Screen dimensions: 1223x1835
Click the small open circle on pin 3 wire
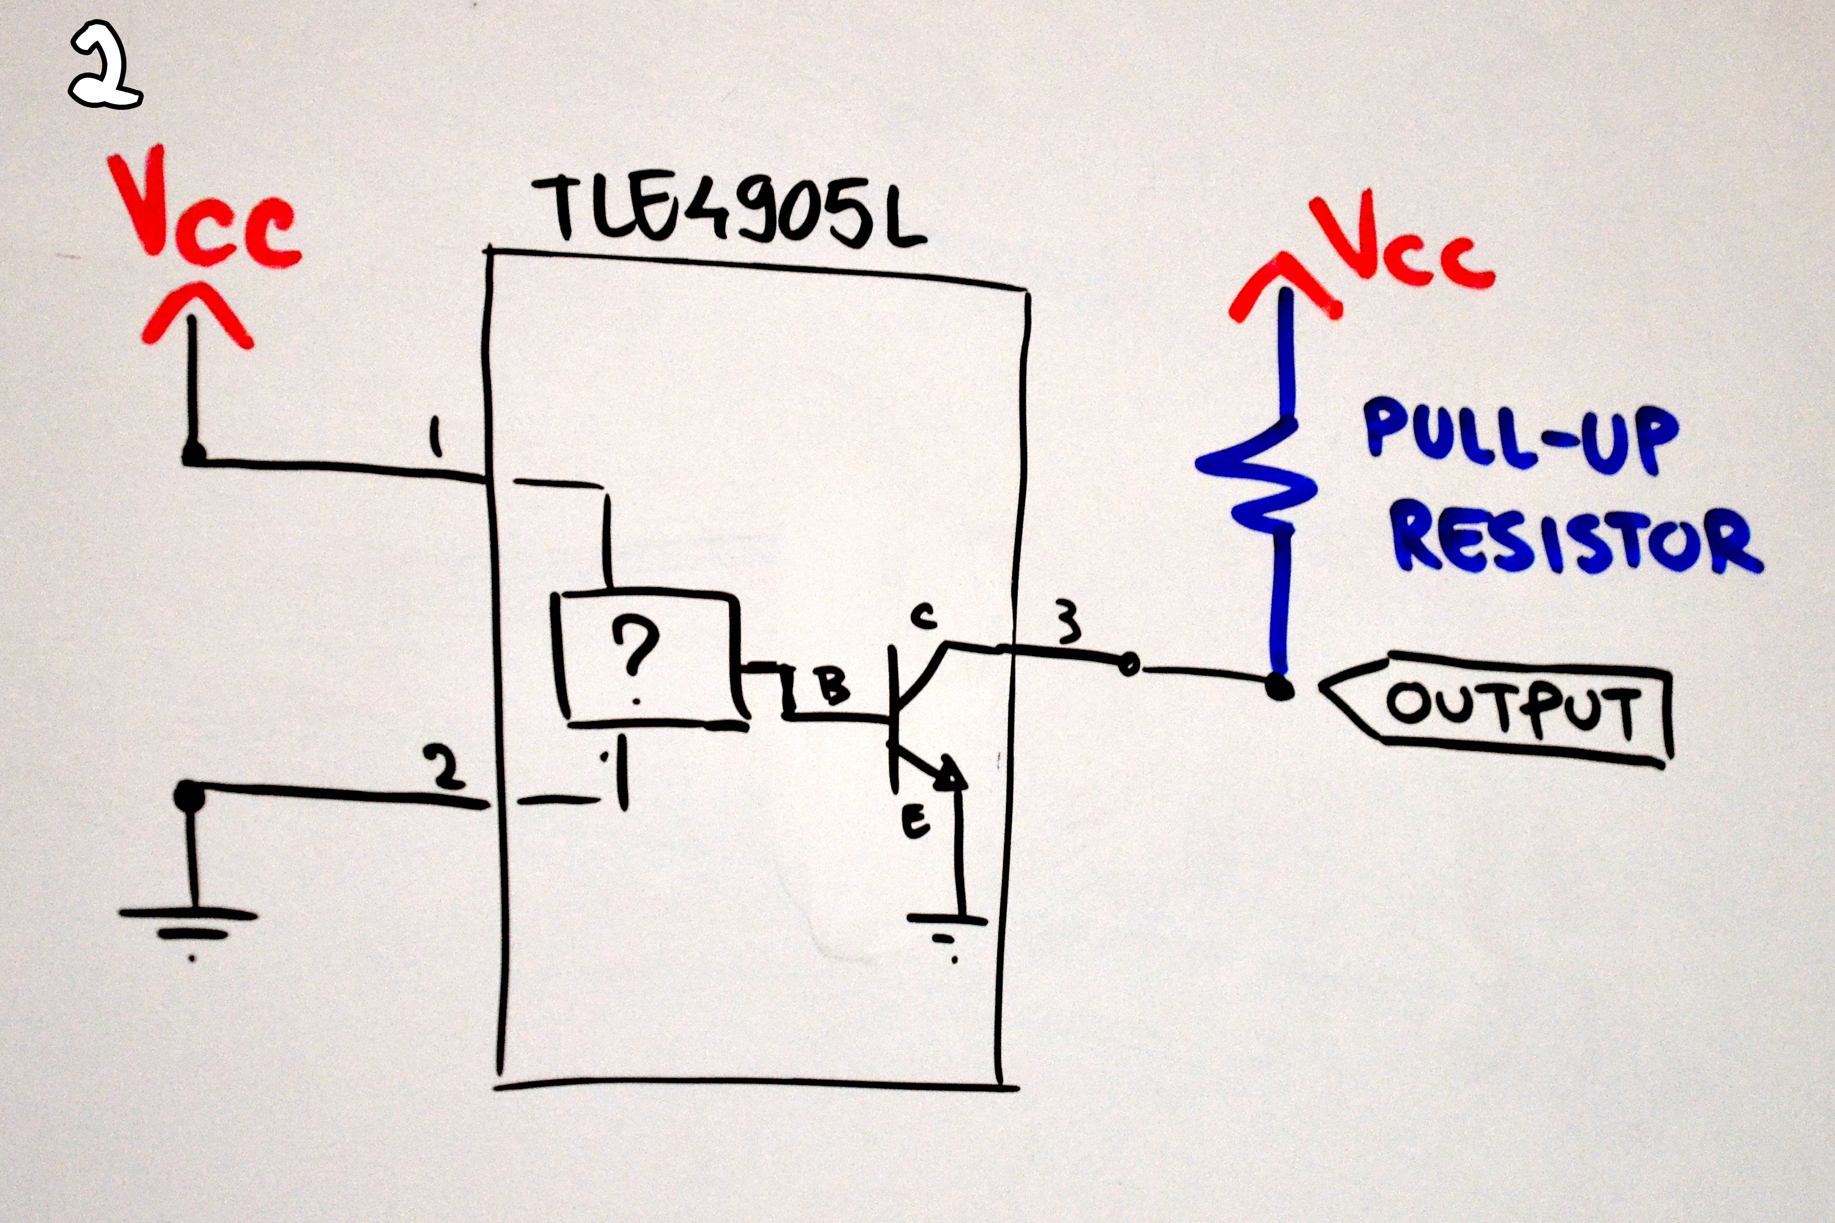click(1128, 665)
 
